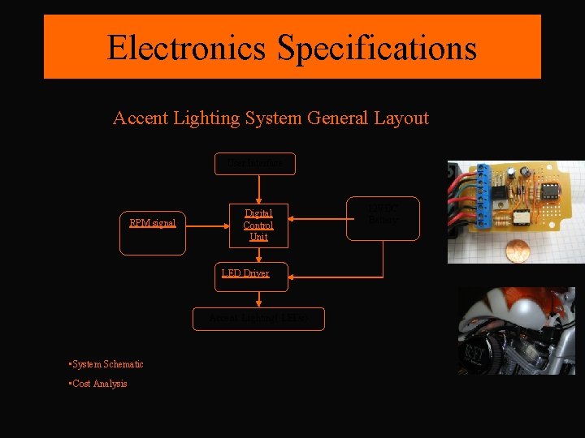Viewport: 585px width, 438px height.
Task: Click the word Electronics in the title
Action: [187, 48]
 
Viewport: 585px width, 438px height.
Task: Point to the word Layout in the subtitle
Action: [401, 118]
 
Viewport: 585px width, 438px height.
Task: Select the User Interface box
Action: [255, 164]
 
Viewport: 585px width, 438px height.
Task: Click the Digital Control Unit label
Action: [258, 225]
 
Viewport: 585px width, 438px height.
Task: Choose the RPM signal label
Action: [153, 222]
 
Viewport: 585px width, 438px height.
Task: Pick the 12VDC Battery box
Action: [383, 217]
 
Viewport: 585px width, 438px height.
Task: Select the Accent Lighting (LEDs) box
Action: [258, 319]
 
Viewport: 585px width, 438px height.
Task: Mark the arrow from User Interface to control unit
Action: [258, 188]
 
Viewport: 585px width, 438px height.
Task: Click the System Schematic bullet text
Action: [108, 364]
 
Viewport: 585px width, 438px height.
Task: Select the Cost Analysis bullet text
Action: [100, 384]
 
